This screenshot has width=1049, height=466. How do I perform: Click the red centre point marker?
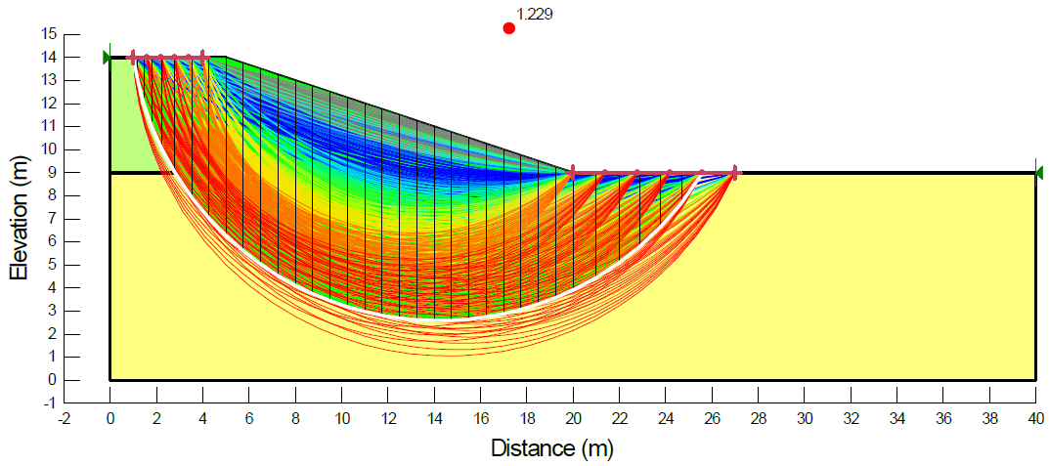(x=508, y=28)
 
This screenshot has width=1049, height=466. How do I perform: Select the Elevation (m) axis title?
(x=18, y=217)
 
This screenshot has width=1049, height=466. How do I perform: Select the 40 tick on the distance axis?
(x=1035, y=418)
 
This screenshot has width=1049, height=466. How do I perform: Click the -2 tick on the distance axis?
(x=64, y=418)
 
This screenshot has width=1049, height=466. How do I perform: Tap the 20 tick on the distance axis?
(x=573, y=418)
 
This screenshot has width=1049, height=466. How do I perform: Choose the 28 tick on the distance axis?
(x=758, y=418)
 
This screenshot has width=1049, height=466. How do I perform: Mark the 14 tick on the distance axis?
(x=434, y=418)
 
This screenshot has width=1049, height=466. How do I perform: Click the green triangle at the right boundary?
(x=1038, y=173)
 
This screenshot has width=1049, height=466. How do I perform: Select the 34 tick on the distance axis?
(x=896, y=418)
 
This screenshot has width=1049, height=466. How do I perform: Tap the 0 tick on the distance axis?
(x=109, y=418)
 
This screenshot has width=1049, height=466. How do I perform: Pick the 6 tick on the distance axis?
(x=248, y=418)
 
